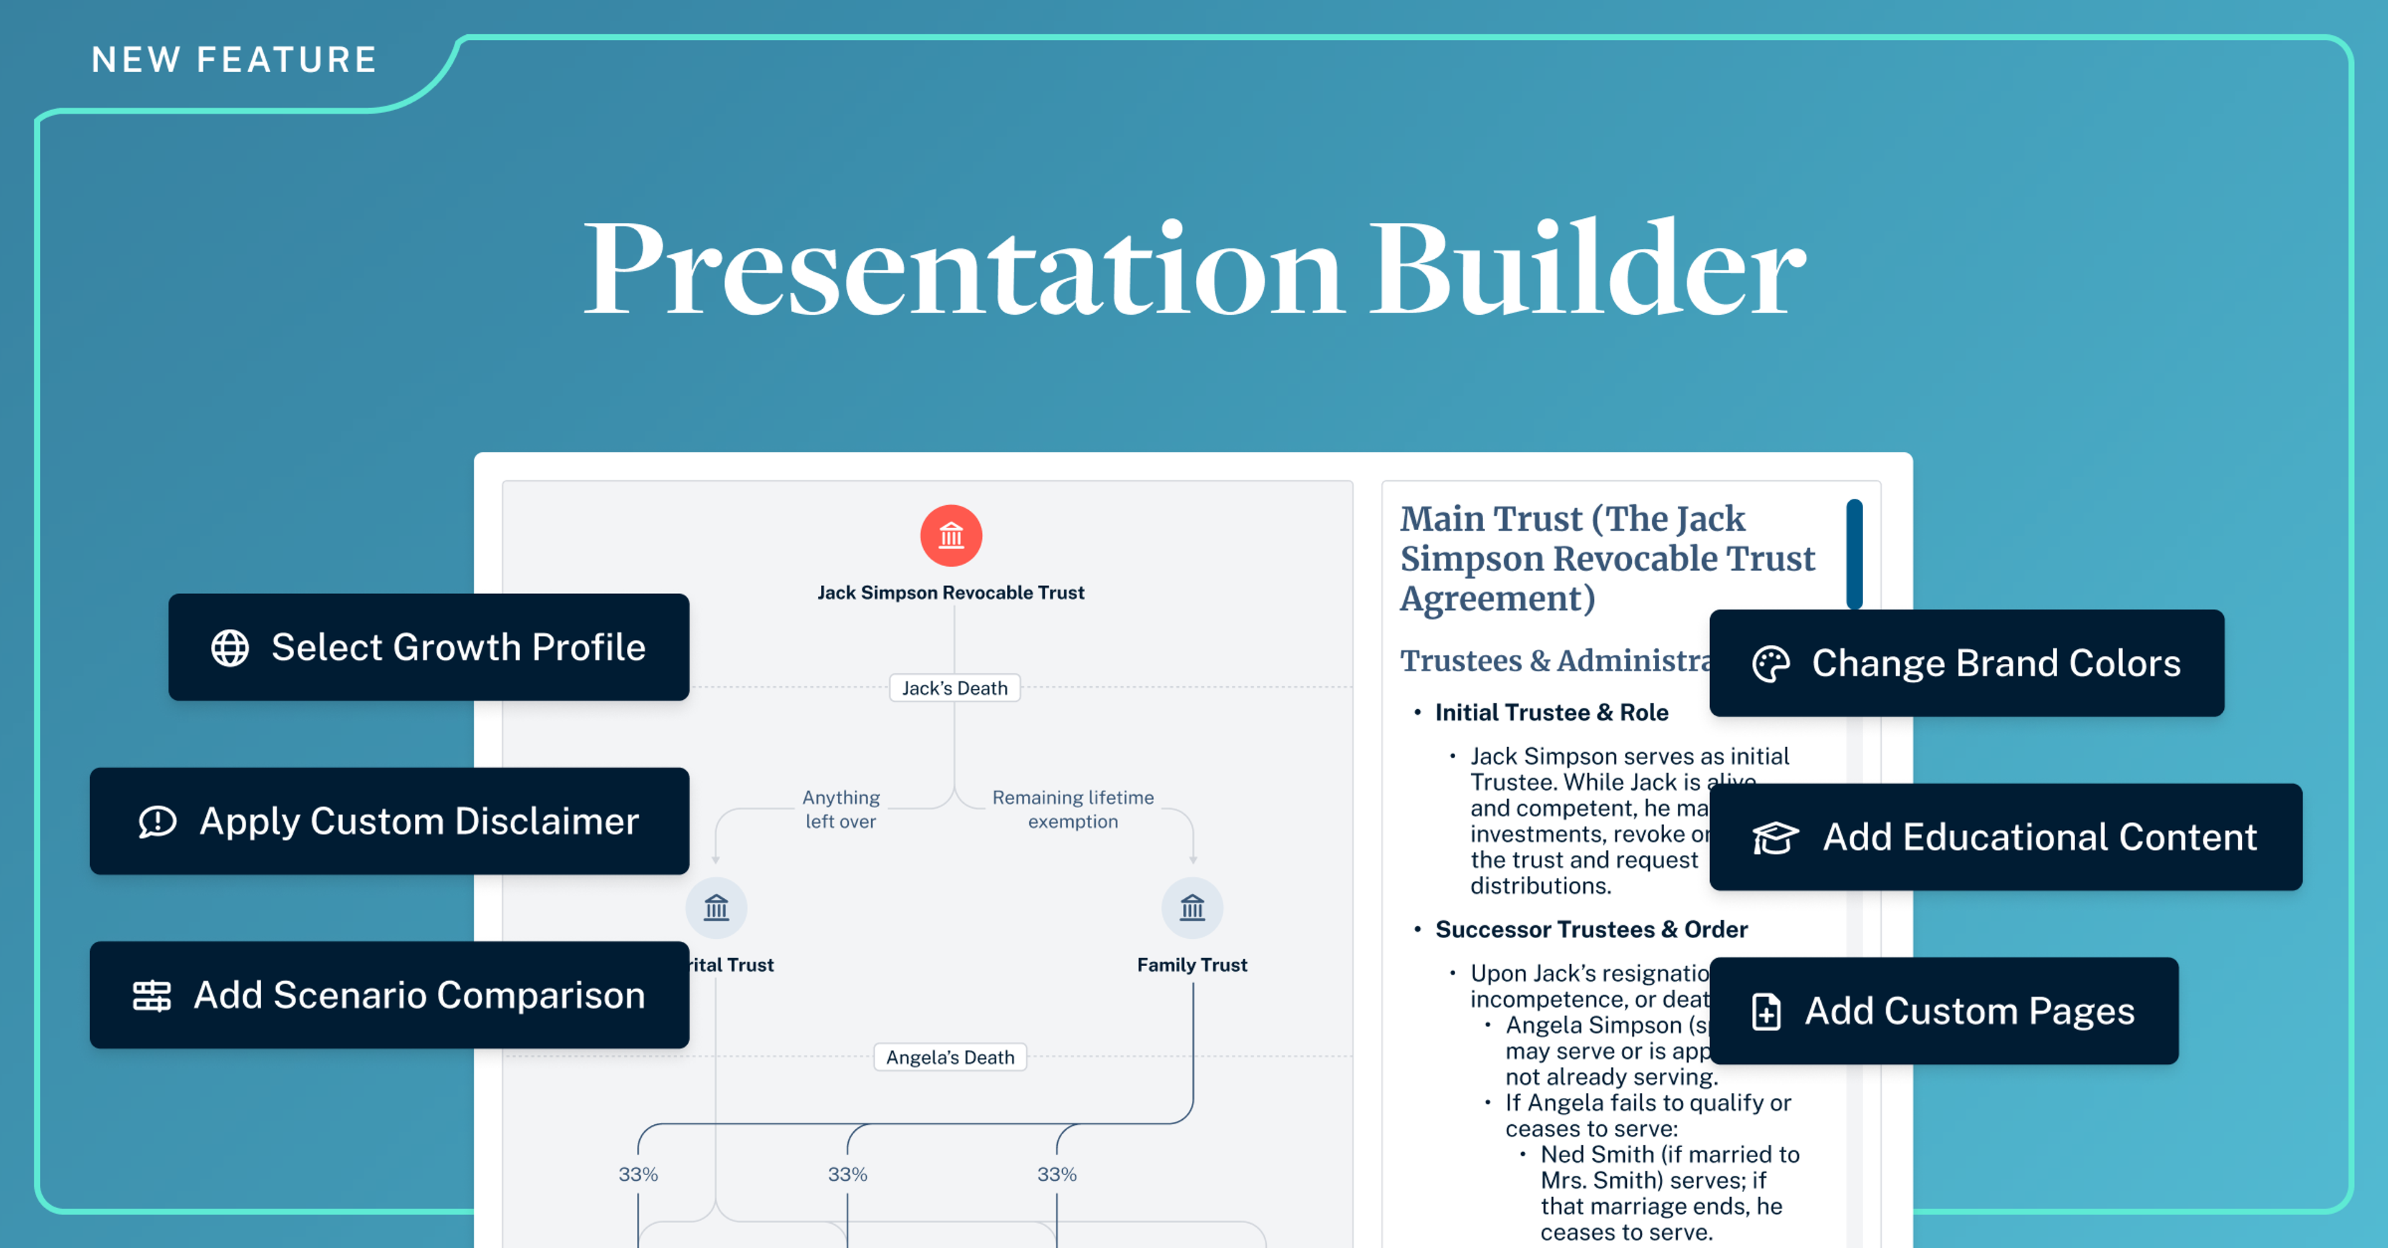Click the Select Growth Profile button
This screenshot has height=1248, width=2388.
(428, 647)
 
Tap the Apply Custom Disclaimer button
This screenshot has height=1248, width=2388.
(389, 821)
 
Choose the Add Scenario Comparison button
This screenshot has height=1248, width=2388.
(389, 995)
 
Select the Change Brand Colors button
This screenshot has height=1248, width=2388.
(1966, 663)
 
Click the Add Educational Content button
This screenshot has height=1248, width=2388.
(2005, 837)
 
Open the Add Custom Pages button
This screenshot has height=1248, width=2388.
(1944, 1010)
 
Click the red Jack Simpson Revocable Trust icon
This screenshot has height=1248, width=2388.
(951, 536)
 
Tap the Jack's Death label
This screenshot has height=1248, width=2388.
(954, 688)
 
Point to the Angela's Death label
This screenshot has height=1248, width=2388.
(950, 1057)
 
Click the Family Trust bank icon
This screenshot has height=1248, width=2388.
(1192, 908)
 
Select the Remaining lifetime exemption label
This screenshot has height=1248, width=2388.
(1073, 809)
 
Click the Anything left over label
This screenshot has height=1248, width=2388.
(841, 809)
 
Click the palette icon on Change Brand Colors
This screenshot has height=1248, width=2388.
(1770, 664)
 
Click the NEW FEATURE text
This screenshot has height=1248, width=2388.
(234, 60)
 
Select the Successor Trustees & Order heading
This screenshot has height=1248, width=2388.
(1591, 929)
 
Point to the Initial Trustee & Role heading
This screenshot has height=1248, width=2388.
(1551, 712)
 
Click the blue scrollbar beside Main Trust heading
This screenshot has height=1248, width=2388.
(1854, 554)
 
